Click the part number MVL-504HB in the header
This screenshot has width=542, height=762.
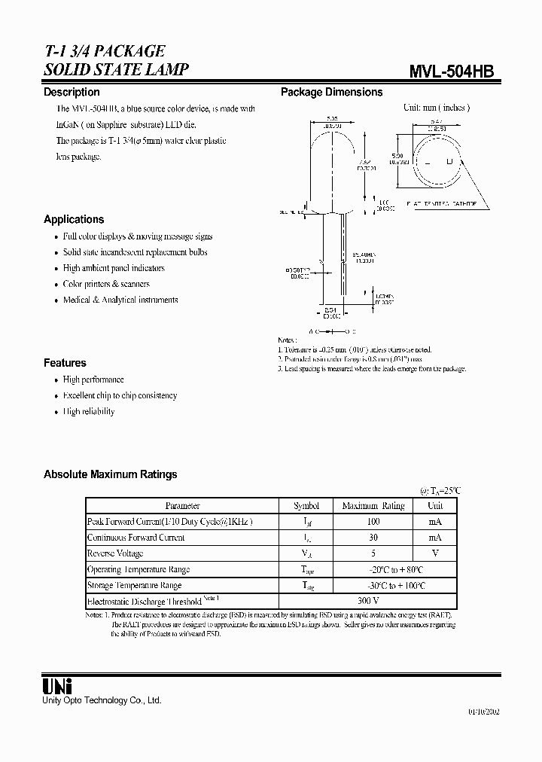pyautogui.click(x=451, y=71)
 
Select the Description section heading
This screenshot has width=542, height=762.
pyautogui.click(x=72, y=92)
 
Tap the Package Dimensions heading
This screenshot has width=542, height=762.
pyautogui.click(x=331, y=92)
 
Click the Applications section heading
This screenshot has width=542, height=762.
pyautogui.click(x=74, y=219)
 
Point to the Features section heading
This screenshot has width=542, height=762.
pyautogui.click(x=65, y=362)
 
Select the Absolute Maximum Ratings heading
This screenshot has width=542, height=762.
pyautogui.click(x=111, y=474)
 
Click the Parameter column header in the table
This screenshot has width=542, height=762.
pyautogui.click(x=182, y=506)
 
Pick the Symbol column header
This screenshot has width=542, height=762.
pyautogui.click(x=306, y=506)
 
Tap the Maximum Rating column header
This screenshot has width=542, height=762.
pyautogui.click(x=373, y=506)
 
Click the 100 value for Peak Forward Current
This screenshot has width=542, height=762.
pyautogui.click(x=373, y=522)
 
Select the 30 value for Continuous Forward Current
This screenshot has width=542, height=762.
pyautogui.click(x=373, y=538)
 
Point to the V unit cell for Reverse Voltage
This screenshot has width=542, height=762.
pyautogui.click(x=435, y=553)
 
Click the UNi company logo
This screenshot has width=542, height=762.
pyautogui.click(x=56, y=686)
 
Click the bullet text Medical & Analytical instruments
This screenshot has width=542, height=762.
pyautogui.click(x=120, y=300)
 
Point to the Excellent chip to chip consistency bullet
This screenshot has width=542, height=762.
pyautogui.click(x=120, y=395)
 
